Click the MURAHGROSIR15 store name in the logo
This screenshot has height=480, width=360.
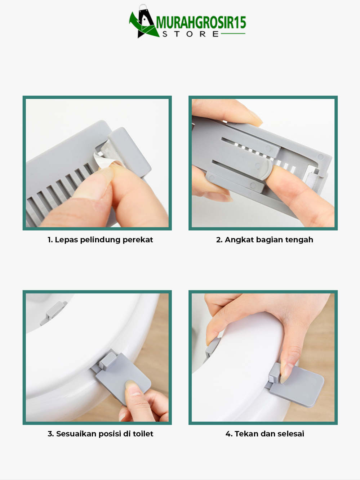201,23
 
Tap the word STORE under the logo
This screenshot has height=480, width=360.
190,34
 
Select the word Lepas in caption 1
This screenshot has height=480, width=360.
66,240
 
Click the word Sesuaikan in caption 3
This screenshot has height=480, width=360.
76,434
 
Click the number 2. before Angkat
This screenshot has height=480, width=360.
219,240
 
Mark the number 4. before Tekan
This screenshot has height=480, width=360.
229,434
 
